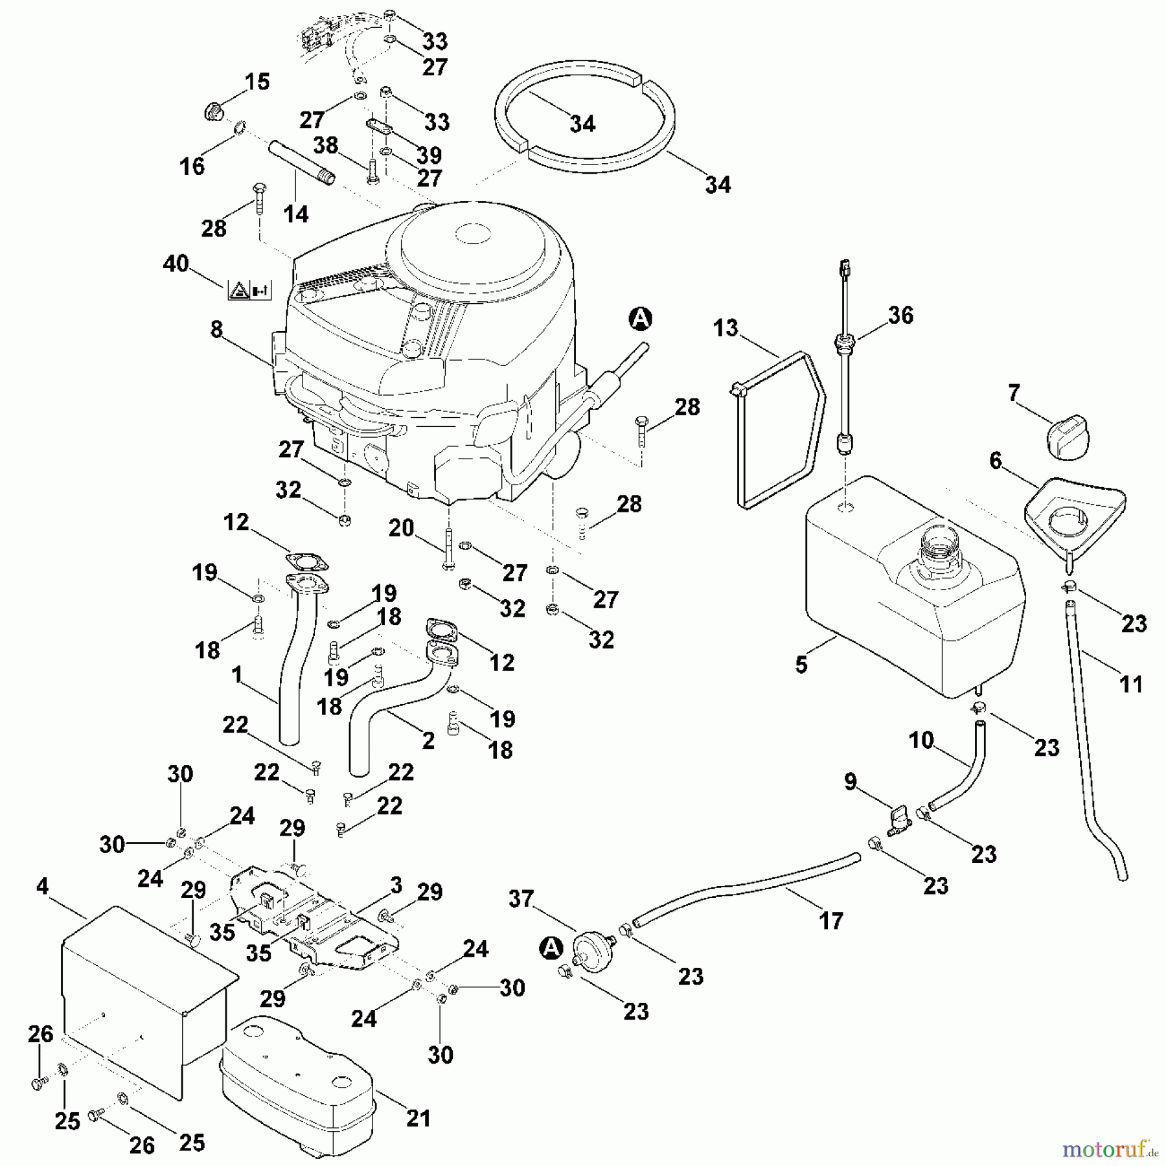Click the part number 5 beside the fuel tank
tap(801, 665)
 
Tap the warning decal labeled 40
tap(249, 290)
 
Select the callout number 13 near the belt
tap(725, 328)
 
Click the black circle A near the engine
tap(640, 319)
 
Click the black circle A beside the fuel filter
tap(551, 948)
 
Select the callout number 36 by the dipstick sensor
tap(900, 315)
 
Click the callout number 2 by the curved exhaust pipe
tap(428, 740)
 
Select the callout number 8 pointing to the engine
tap(216, 330)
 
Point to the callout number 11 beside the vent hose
tap(1131, 683)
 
